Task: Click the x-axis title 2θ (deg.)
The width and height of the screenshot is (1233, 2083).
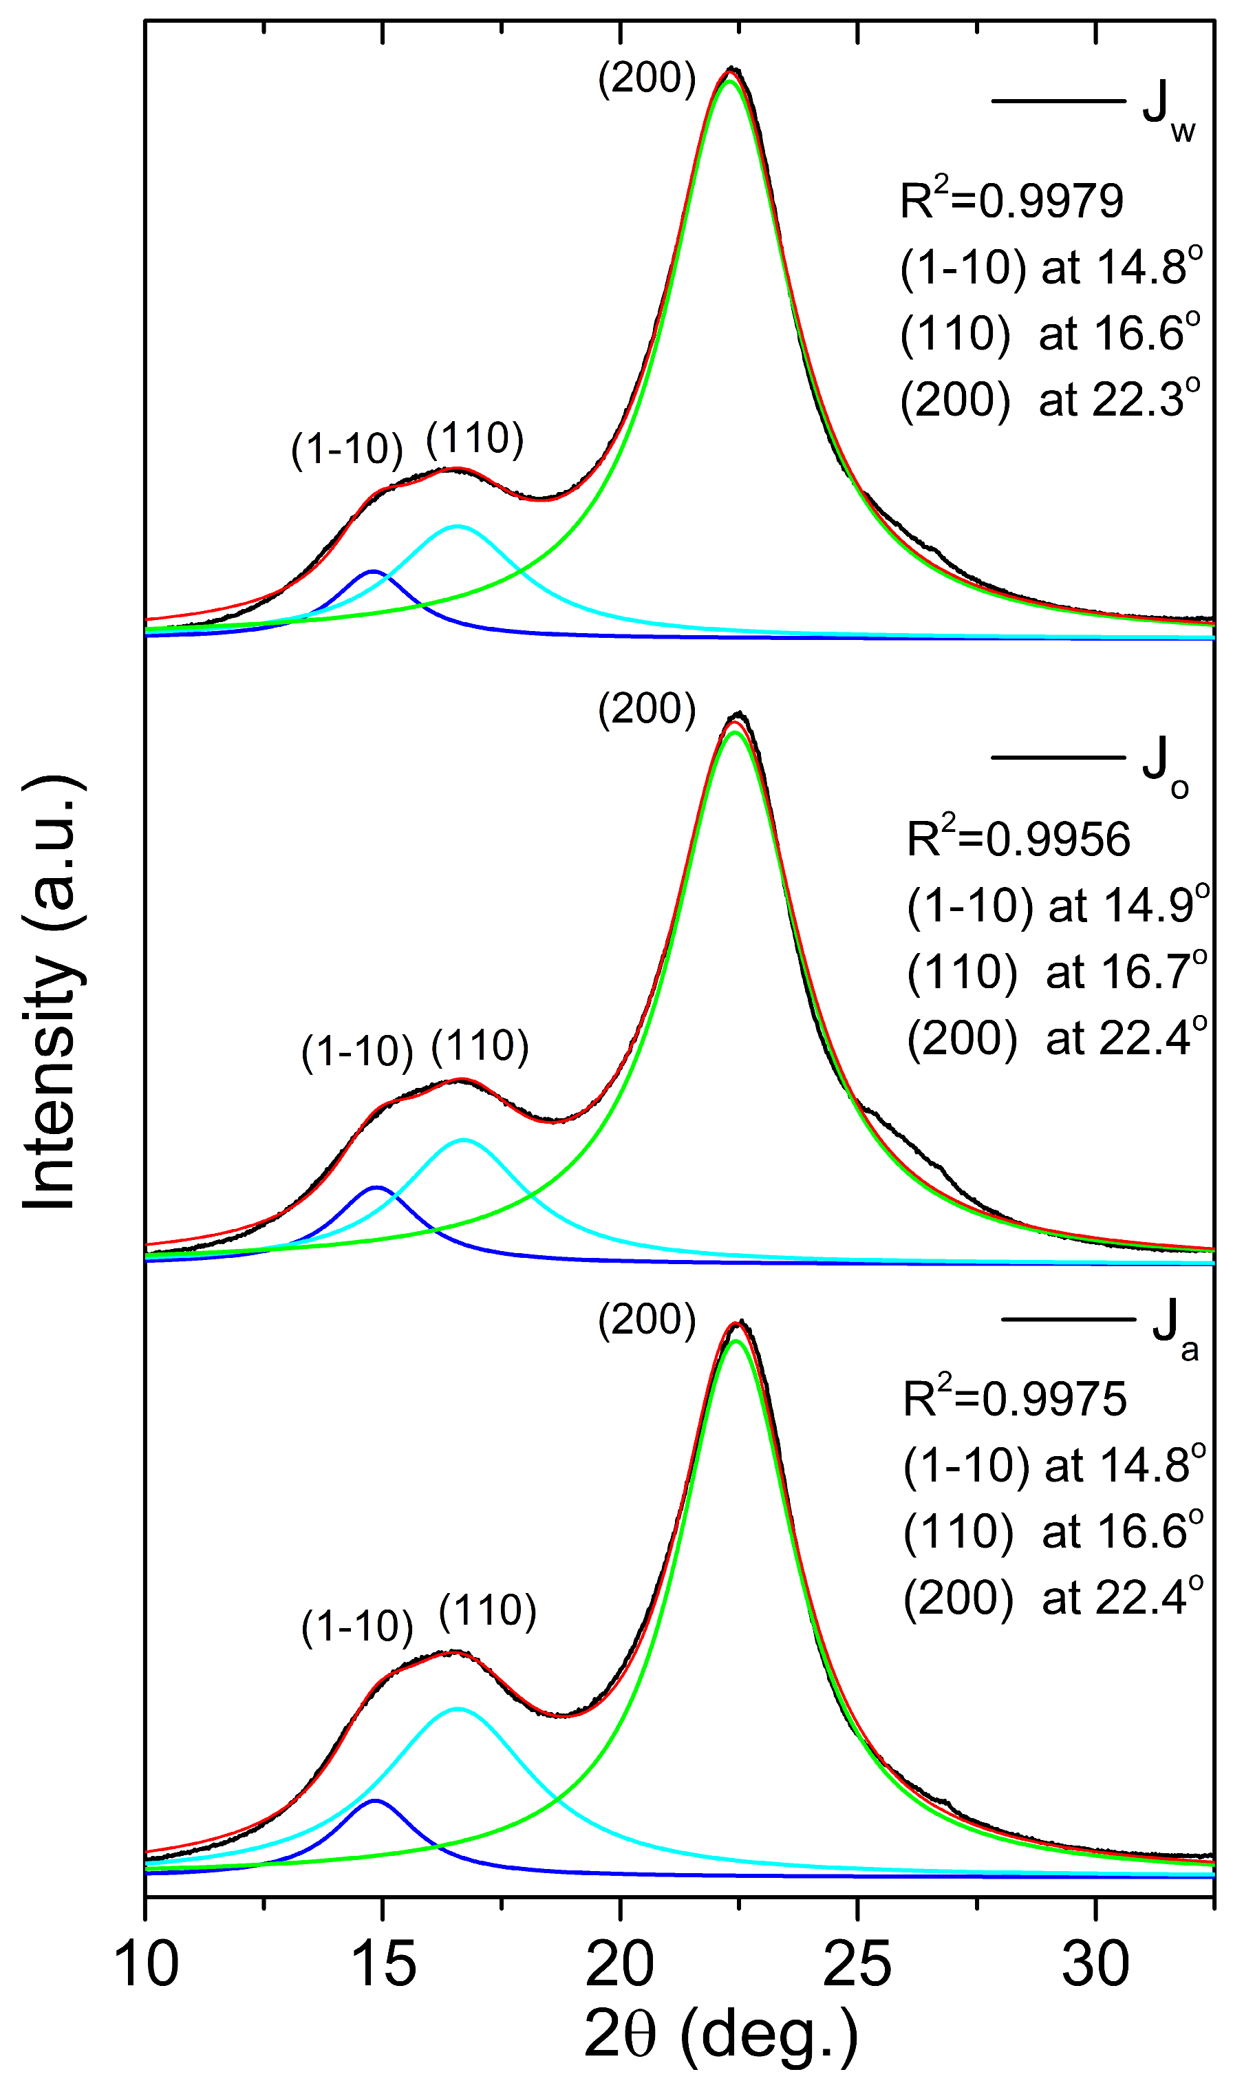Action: pos(720,2035)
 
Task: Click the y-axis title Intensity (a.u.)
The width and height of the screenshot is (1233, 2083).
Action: pos(50,993)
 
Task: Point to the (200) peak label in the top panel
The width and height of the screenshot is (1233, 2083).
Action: pos(646,79)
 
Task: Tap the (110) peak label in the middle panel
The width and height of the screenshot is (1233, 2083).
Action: pos(480,1045)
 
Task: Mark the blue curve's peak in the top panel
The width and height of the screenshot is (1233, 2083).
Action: pos(372,572)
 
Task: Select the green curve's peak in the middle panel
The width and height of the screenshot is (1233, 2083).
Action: pos(734,732)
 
